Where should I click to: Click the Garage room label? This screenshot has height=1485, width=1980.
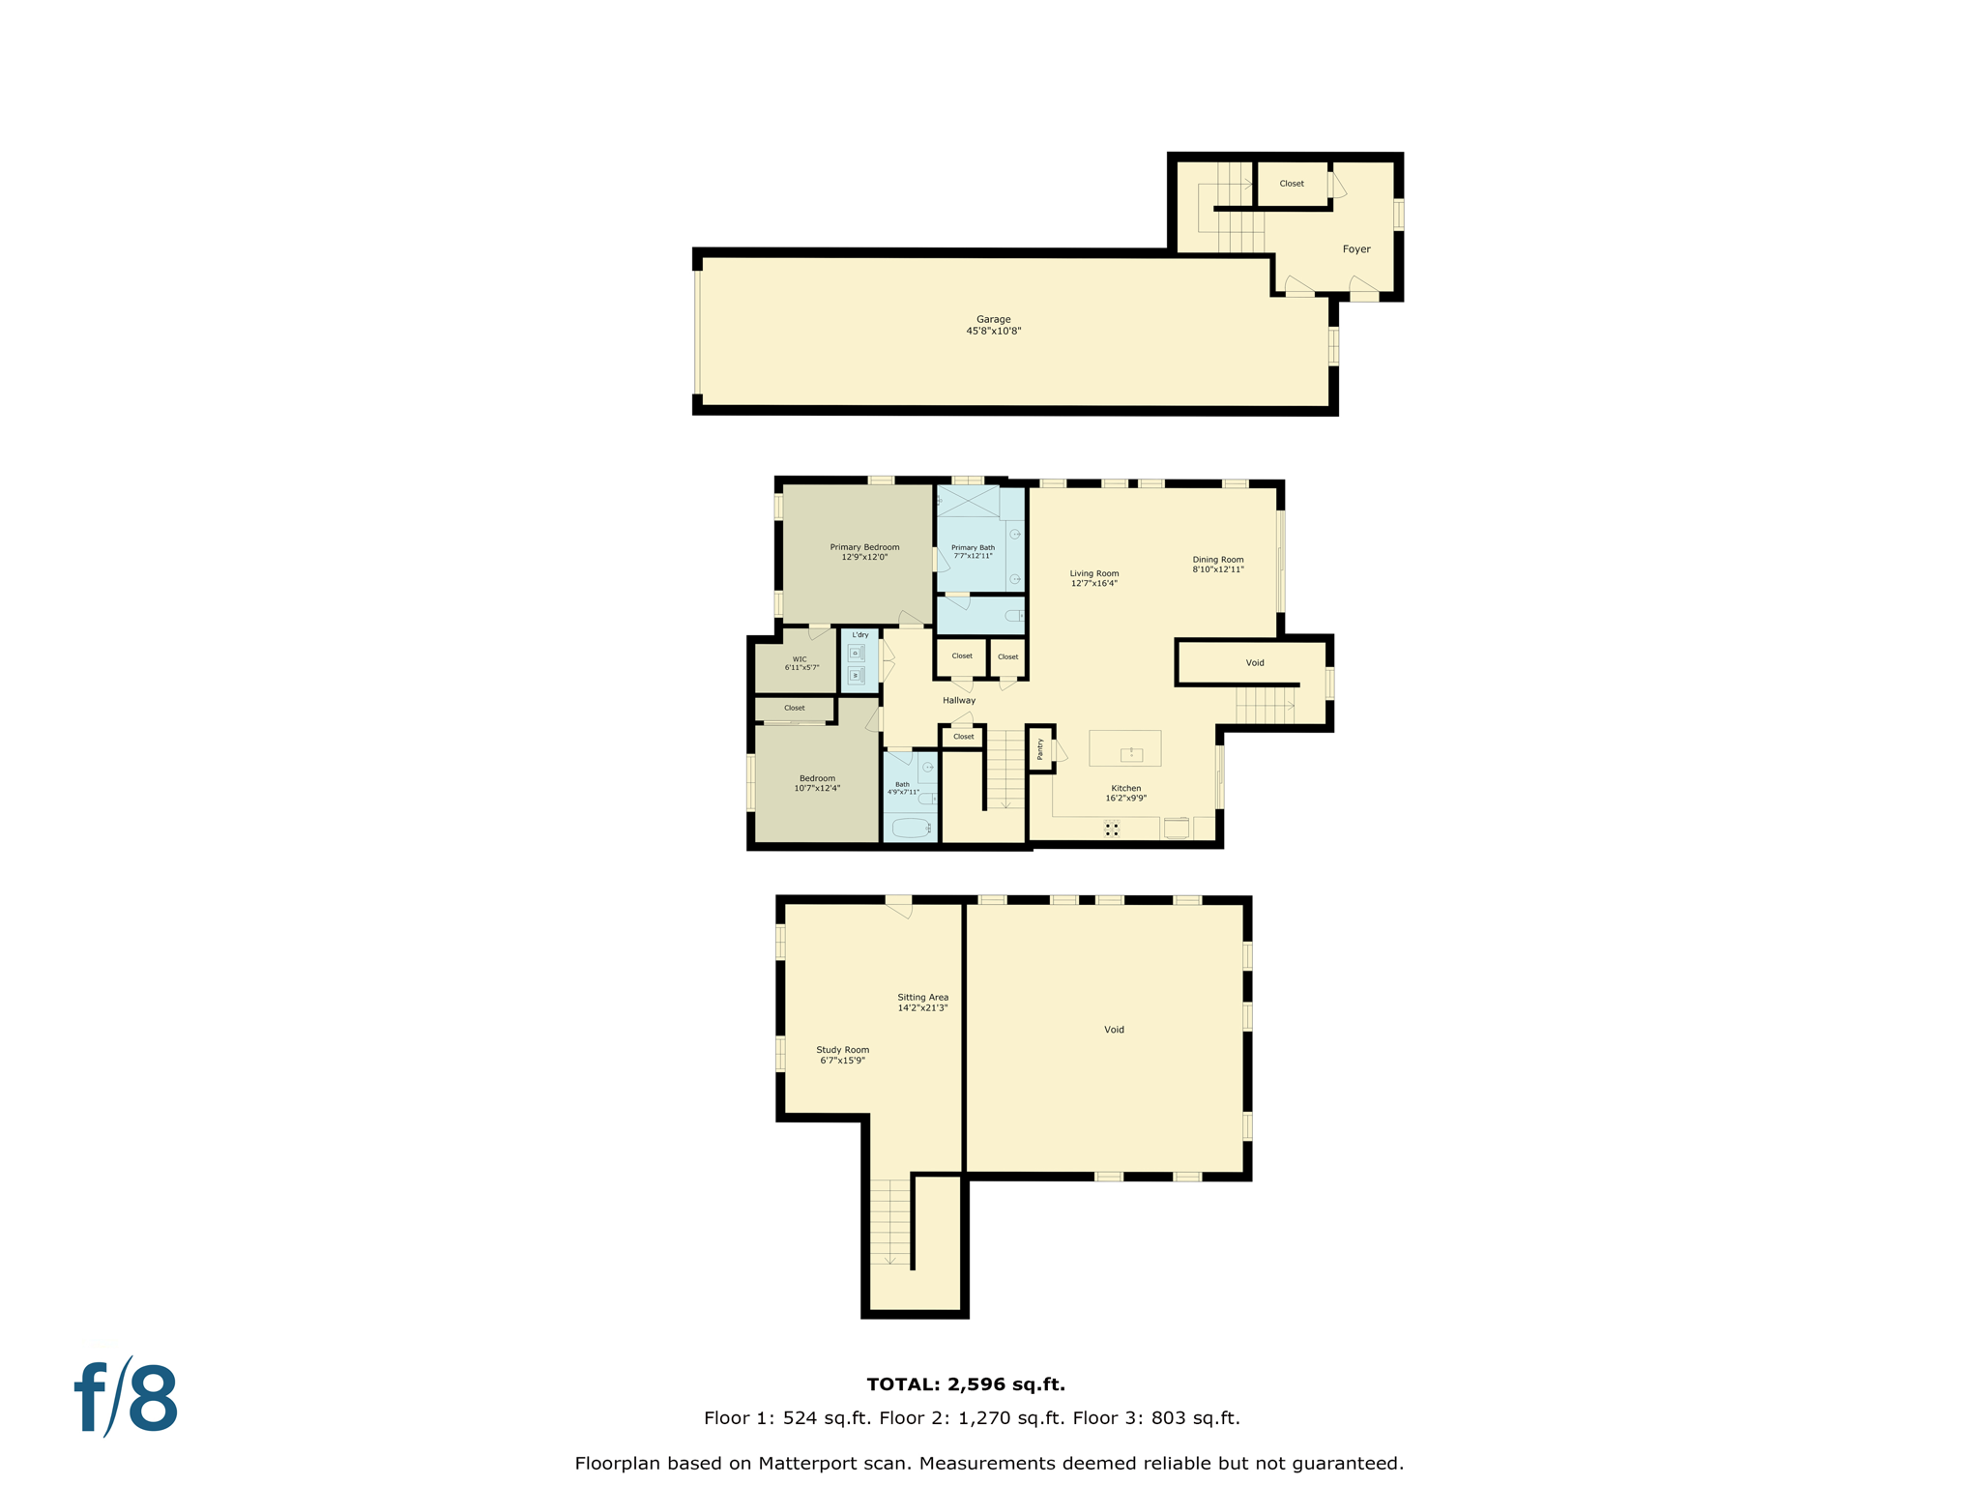993,319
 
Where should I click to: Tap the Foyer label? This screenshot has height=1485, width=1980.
1355,249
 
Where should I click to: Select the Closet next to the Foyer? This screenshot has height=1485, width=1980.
1291,184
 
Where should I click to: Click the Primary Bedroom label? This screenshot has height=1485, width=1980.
864,547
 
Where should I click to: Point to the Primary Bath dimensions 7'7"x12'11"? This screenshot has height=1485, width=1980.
973,557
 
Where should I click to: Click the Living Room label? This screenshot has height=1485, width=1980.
1093,573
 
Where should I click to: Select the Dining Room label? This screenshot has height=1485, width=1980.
1217,560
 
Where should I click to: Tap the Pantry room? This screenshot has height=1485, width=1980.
1040,748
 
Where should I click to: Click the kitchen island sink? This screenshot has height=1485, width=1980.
1130,754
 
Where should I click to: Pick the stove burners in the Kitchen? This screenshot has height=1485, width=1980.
1112,829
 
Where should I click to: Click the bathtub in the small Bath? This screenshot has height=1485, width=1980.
911,828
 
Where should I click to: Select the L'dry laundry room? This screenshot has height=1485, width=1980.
859,661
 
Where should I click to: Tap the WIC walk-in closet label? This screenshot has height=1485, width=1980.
800,659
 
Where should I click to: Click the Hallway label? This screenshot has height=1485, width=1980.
958,700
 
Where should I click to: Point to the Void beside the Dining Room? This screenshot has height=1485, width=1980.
1254,663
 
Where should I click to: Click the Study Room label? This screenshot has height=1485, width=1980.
842,1050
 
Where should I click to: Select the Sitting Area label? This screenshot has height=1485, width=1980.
922,998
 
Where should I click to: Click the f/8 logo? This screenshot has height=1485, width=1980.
126,1398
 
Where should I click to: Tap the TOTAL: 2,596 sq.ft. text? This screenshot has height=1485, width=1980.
965,1384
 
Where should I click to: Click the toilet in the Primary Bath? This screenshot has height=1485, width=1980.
1012,616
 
